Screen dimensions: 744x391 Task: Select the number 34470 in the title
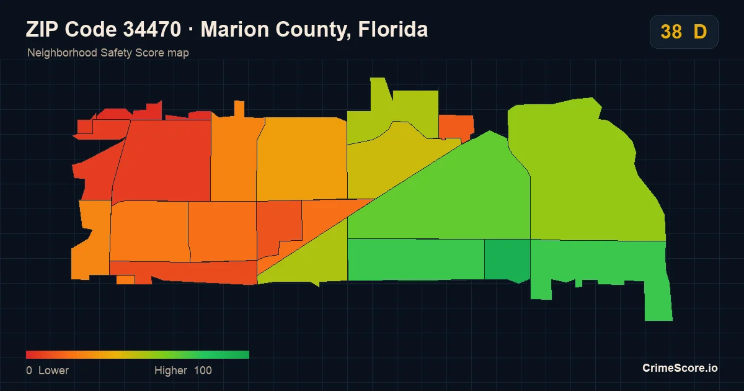coord(152,29)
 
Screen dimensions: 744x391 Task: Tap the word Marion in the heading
coord(235,29)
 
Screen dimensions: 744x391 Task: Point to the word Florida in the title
coord(393,29)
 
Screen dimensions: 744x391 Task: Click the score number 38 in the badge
coord(671,32)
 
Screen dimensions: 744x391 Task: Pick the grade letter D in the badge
coord(700,32)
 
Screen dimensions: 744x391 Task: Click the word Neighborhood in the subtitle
coord(62,53)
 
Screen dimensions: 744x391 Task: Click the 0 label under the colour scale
coord(29,371)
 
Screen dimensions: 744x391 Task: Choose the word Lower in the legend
coord(53,371)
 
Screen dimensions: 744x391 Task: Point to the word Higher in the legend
coord(170,371)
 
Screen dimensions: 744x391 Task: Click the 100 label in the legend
coord(203,371)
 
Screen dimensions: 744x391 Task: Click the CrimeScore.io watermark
coord(680,368)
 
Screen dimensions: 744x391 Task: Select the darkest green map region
coord(507,260)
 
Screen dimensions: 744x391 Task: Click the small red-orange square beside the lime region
coord(456,127)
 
